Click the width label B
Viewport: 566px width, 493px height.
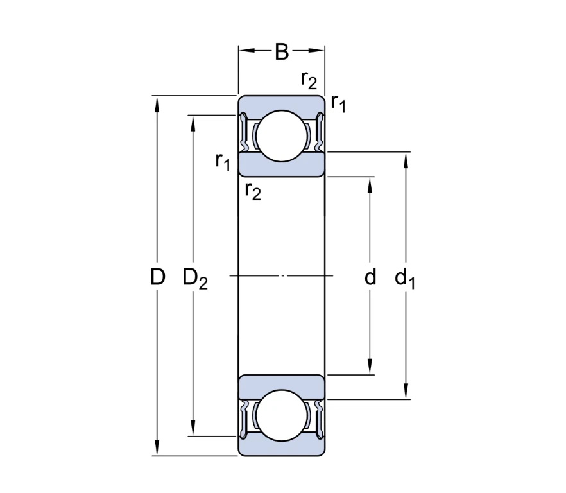tap(281, 52)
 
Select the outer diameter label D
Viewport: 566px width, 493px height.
tap(157, 277)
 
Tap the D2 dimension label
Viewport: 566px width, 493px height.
tap(195, 279)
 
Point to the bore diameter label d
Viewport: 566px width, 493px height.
tap(370, 277)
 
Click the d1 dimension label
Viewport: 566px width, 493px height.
tap(405, 279)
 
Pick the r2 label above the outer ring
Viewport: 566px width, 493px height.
tap(309, 80)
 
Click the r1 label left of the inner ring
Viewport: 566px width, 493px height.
tap(223, 161)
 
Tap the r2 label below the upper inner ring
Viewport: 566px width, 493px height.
tap(253, 191)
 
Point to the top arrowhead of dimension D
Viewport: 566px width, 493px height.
tap(157, 101)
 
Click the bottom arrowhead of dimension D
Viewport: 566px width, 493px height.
tap(157, 450)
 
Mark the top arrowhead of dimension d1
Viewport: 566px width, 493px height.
tap(406, 158)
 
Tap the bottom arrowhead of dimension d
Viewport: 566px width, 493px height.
tap(370, 368)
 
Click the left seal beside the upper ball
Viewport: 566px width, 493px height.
tap(244, 134)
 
